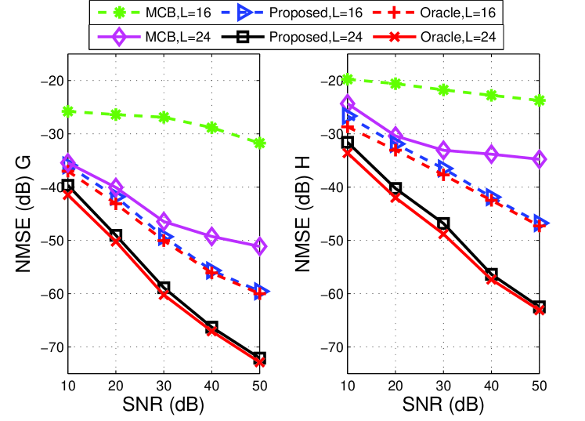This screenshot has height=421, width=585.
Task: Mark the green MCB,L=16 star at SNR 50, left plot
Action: point(259,143)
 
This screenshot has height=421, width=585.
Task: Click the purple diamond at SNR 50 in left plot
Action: point(259,247)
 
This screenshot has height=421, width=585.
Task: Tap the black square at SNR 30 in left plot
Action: point(164,288)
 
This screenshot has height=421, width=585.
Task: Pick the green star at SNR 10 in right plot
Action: point(348,79)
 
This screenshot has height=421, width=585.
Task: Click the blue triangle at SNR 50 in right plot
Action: point(540,223)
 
